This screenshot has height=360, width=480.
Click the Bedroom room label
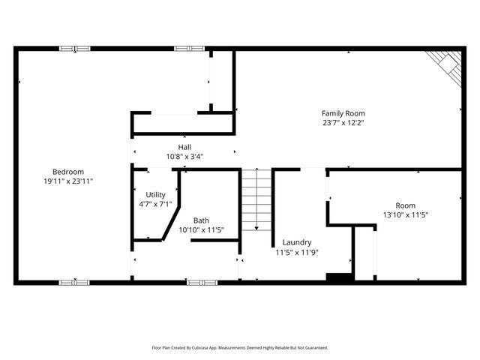[x=67, y=171]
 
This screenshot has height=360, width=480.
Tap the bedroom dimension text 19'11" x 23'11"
[x=67, y=181]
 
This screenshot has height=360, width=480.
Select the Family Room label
[x=343, y=112]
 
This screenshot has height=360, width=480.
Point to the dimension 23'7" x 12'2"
[x=343, y=122]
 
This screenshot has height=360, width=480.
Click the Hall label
[x=184, y=147]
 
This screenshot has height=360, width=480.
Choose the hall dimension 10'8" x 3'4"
[x=184, y=157]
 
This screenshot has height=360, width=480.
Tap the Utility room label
[x=155, y=194]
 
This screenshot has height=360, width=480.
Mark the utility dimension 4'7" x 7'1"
[x=155, y=203]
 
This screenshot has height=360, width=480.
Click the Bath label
[x=201, y=220]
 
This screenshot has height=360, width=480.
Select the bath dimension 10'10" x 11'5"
[x=201, y=229]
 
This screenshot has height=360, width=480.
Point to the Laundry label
[x=297, y=243]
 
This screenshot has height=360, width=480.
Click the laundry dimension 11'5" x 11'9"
[x=297, y=253]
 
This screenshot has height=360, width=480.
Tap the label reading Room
[x=405, y=205]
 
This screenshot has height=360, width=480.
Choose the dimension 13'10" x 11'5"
[x=405, y=214]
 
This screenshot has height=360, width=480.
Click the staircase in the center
[x=256, y=199]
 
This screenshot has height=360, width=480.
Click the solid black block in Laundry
[x=339, y=277]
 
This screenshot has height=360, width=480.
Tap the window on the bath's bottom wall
[x=202, y=283]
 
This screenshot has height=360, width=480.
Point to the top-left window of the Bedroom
[x=75, y=49]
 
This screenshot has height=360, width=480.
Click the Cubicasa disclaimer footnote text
[x=240, y=348]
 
